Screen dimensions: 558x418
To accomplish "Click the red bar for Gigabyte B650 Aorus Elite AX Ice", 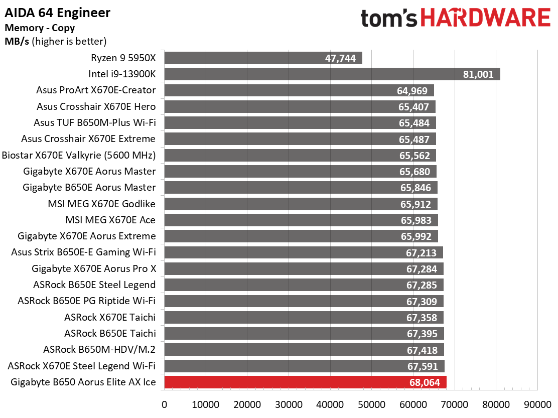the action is [305, 382].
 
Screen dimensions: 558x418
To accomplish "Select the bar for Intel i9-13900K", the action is [332, 74].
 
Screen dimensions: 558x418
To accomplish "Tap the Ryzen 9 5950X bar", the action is [263, 58].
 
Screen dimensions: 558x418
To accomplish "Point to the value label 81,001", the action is [478, 74].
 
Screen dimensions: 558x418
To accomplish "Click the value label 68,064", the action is [425, 382].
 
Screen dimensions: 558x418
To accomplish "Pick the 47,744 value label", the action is [340, 58].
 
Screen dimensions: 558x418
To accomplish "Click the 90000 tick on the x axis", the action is [537, 404].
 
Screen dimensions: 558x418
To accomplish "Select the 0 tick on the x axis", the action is [165, 404].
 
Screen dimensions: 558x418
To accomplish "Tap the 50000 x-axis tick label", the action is [371, 404].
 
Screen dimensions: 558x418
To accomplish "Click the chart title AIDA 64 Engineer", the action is [57, 13].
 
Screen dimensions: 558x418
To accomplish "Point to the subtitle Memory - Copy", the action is [40, 28].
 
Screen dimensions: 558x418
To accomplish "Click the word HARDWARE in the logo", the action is [486, 18].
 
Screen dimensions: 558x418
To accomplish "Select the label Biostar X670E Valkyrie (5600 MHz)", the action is [79, 156].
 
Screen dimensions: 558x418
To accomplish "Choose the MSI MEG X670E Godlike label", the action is [102, 204].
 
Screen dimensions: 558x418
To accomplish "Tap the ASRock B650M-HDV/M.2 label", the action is [99, 350].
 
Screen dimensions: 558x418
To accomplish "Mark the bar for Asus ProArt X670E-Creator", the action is [299, 90].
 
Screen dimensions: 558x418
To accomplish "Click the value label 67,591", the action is [423, 366].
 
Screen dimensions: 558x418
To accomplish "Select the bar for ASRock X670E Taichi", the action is [304, 317].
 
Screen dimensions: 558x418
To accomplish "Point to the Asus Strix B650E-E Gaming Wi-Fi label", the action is [83, 252].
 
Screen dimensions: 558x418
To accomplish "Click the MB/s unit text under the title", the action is [17, 41].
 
